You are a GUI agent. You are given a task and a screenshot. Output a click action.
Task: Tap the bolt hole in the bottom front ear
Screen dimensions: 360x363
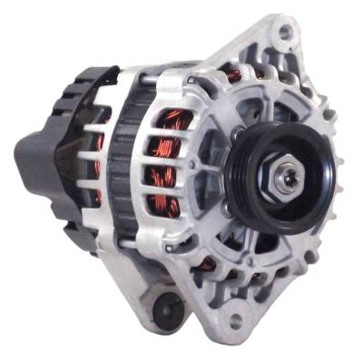coord(237,320)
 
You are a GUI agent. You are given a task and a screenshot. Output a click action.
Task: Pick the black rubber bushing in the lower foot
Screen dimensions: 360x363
coord(166,309)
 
